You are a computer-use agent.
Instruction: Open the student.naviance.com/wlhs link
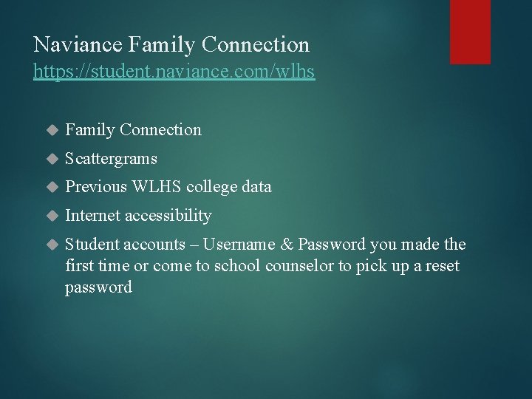click(174, 72)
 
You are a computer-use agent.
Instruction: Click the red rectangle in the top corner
click(470, 31)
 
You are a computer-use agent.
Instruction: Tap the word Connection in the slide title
click(256, 45)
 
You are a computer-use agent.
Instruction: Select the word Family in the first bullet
click(89, 130)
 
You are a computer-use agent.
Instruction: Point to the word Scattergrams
click(111, 159)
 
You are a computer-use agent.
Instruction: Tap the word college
click(214, 188)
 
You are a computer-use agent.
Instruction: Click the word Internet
click(92, 216)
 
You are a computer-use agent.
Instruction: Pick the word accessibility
click(168, 216)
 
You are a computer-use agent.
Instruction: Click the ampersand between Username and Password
click(283, 245)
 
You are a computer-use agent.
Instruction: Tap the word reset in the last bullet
click(442, 266)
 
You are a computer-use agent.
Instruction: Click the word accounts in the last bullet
click(154, 245)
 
